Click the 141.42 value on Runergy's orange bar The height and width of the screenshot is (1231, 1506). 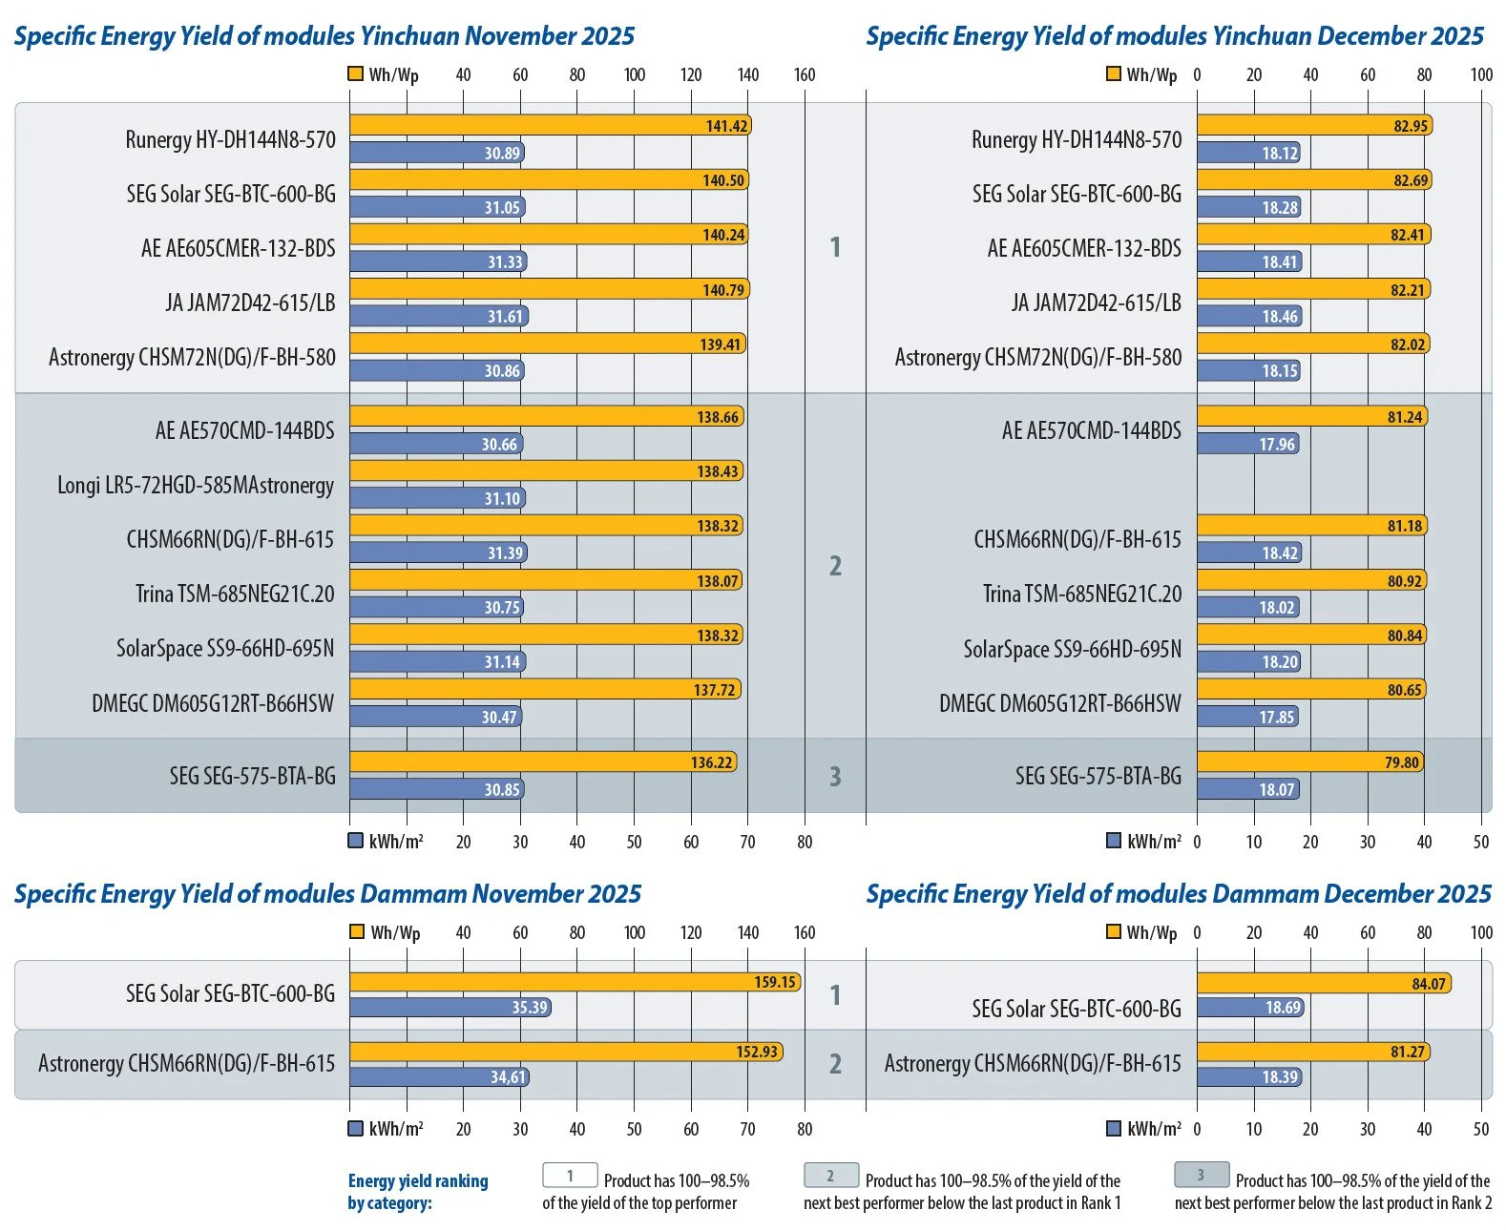pos(726,126)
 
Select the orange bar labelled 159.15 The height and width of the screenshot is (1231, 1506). pos(575,982)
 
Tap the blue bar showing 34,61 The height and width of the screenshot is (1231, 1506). pos(439,1077)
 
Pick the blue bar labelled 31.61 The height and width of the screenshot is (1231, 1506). pos(438,317)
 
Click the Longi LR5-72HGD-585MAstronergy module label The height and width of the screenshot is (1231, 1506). pos(196,486)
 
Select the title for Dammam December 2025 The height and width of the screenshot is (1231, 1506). pos(1178,894)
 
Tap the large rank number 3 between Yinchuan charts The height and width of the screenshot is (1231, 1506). pos(835,777)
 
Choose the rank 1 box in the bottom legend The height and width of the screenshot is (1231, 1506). pos(570,1176)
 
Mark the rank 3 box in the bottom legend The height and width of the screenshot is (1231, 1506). pos(1201,1175)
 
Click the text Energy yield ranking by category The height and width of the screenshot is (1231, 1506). pos(418,1192)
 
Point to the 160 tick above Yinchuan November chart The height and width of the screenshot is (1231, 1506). pos(805,75)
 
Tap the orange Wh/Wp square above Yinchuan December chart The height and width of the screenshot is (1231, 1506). pos(1113,74)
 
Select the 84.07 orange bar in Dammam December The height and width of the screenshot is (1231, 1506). pos(1324,984)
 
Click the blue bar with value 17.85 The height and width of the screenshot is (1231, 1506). pos(1247,718)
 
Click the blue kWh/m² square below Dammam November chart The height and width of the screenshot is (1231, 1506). pos(356,1129)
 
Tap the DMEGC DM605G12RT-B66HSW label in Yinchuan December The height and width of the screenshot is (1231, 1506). pos(1059,704)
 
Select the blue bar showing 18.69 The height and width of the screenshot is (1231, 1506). pos(1251,1008)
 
